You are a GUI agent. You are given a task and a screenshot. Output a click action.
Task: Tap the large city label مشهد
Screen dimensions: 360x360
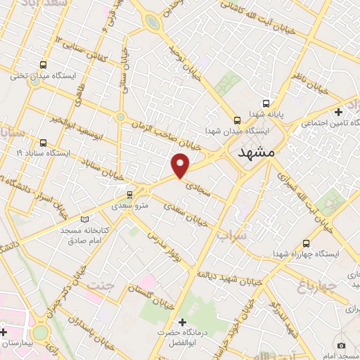click(x=259, y=152)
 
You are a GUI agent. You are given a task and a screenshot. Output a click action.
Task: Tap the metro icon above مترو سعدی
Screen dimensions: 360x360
click(x=129, y=194)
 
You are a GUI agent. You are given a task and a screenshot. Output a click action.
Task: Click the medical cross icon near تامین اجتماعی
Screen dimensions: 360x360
click(x=338, y=112)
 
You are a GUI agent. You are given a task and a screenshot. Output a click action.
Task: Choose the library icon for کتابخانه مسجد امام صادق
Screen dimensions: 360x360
click(x=85, y=218)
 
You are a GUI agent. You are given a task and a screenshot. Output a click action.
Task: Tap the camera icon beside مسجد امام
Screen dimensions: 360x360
click(x=341, y=345)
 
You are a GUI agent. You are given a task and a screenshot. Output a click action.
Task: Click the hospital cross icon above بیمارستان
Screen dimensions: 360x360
click(x=4, y=331)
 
